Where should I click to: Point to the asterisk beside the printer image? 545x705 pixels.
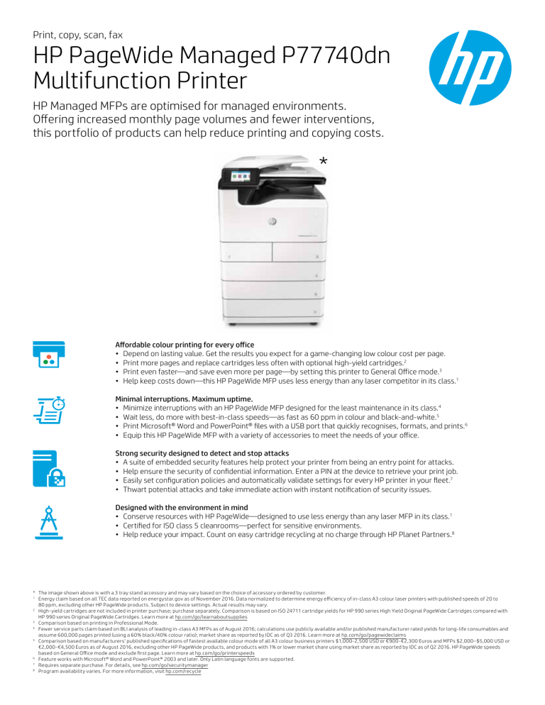pyautogui.click(x=324, y=163)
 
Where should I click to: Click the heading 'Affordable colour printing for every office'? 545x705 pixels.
pyautogui.click(x=185, y=345)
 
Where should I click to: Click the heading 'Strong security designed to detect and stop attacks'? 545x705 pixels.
pyautogui.click(x=204, y=453)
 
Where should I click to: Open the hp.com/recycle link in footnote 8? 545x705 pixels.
pyautogui.click(x=182, y=672)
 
